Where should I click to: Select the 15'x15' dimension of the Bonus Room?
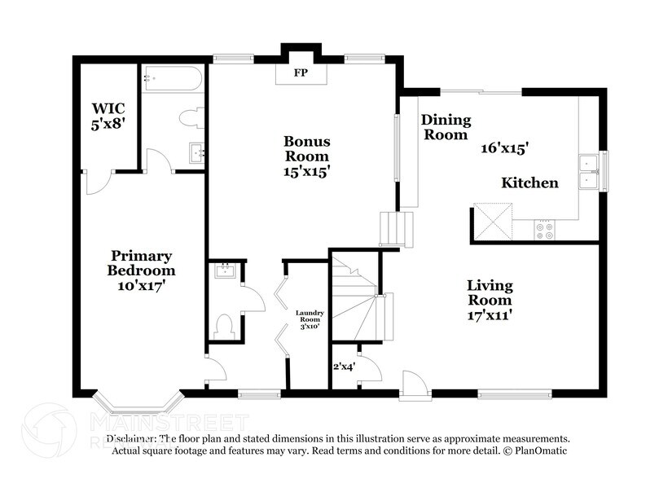coord(305,172)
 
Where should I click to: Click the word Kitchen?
coord(529,182)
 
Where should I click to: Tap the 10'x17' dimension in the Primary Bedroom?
coord(143,286)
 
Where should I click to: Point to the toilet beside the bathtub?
coord(188,119)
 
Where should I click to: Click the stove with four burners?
coord(544,231)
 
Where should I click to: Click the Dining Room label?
coord(446,127)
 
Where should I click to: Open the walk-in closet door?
coord(97,182)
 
